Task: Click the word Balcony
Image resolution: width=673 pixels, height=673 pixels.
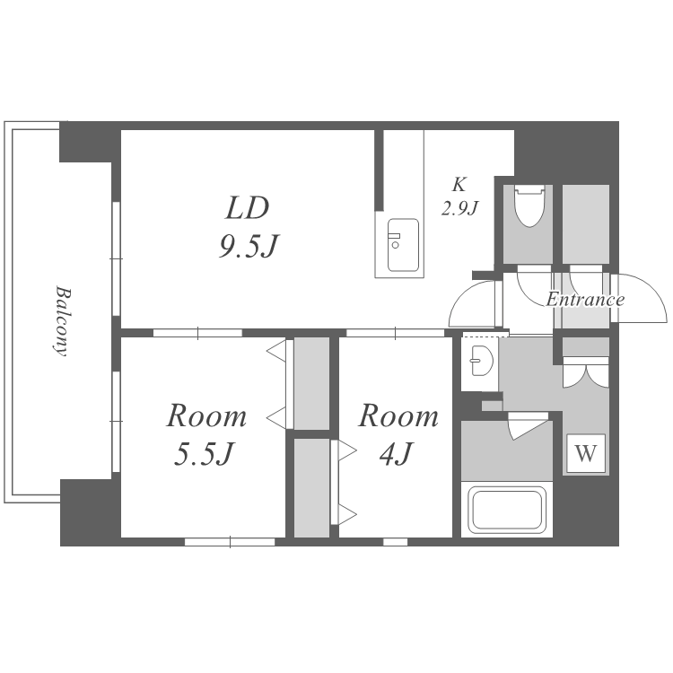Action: (x=64, y=321)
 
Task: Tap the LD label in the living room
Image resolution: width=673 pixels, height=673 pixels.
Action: (x=248, y=208)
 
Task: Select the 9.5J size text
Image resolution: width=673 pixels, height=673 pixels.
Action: (x=249, y=247)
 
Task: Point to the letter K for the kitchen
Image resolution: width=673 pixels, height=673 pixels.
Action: (x=459, y=185)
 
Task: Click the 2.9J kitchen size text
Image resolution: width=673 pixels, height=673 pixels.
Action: (x=459, y=208)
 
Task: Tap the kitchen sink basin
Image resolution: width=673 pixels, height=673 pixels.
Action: (x=403, y=245)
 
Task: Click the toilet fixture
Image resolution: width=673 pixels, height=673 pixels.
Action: (x=529, y=205)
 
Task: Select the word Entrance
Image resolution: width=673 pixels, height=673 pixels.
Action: (x=585, y=299)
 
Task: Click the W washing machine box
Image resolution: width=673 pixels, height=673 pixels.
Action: (x=586, y=453)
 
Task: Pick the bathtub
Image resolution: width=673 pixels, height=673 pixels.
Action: (x=507, y=509)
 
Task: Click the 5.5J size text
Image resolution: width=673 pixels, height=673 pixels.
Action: (x=205, y=454)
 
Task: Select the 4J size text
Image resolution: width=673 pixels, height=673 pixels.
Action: (x=396, y=454)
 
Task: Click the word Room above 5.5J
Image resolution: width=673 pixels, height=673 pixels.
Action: (x=206, y=415)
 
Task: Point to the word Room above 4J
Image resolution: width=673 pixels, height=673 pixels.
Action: (x=398, y=415)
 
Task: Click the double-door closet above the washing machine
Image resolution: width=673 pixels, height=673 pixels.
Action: (x=586, y=372)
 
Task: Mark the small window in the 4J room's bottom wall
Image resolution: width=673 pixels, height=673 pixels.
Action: (x=396, y=542)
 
